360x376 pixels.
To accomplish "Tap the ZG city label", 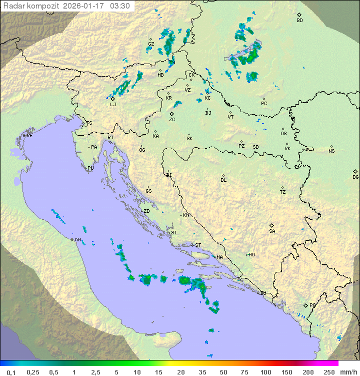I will [172, 120].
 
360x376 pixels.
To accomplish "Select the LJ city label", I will [113, 105].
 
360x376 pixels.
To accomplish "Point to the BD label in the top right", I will [299, 21].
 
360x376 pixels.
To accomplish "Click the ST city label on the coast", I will [198, 245].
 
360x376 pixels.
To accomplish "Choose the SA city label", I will [272, 231].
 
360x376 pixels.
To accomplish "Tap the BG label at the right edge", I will [355, 177].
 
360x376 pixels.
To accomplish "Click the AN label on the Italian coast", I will [77, 240].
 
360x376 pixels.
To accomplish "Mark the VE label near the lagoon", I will [29, 136].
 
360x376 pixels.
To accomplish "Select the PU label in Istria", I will [90, 168].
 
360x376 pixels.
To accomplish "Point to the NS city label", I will [331, 151].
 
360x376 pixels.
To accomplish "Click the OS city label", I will [283, 134].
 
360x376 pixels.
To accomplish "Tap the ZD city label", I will [146, 211].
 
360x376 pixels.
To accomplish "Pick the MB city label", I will [160, 75].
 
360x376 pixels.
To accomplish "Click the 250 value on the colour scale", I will [329, 372].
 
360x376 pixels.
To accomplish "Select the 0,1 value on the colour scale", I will [11, 372].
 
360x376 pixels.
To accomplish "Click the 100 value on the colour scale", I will [265, 372].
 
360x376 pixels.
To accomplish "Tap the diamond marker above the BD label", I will [299, 15].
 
